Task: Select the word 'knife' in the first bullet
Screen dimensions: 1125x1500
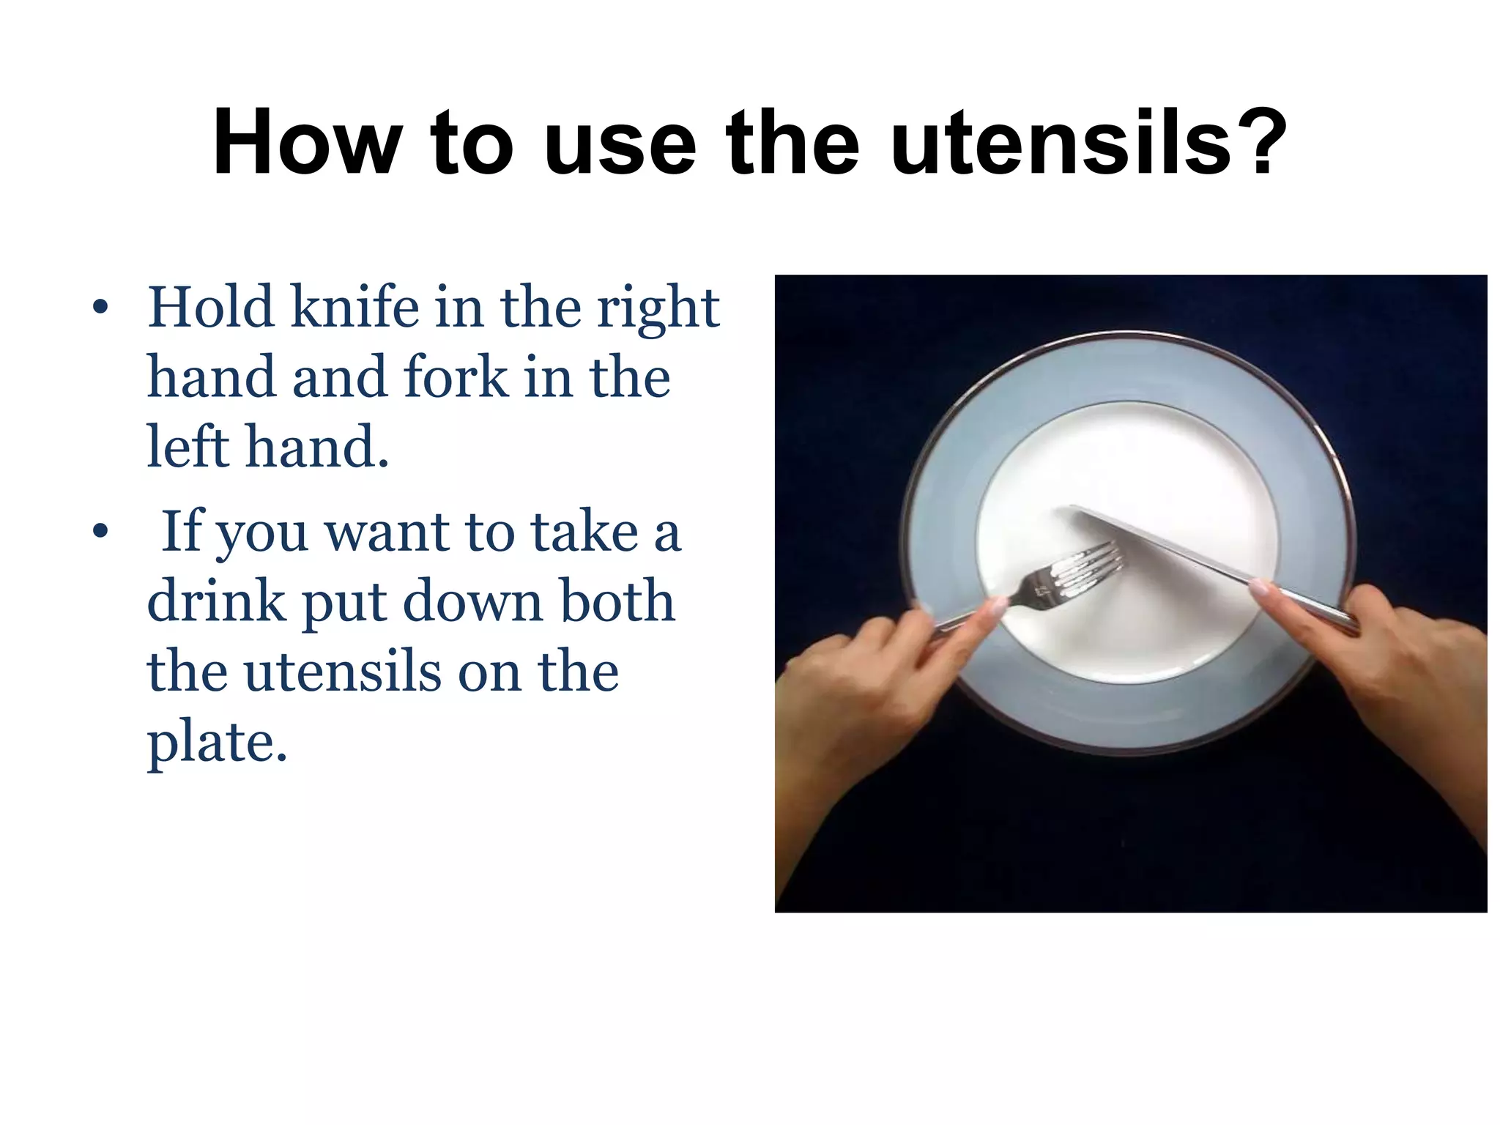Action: click(355, 307)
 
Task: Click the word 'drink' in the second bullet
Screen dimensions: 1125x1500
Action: click(216, 601)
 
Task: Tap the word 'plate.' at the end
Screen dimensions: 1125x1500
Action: click(218, 743)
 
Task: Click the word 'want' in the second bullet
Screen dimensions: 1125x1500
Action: click(387, 532)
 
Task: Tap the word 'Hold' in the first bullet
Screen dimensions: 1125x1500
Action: click(211, 307)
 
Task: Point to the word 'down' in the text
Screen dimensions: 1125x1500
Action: click(471, 601)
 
